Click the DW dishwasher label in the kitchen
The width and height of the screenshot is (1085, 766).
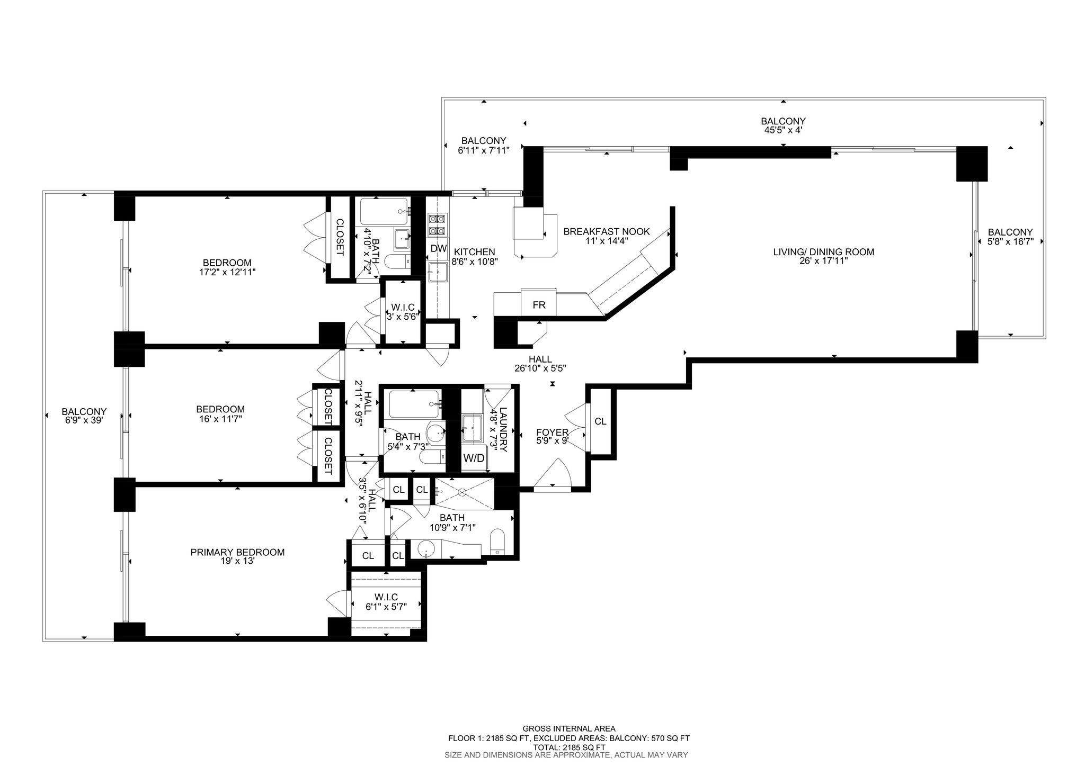point(438,248)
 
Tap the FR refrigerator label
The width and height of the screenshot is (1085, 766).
point(539,305)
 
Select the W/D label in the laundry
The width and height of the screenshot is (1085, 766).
point(474,458)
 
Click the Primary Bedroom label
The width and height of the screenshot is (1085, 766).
point(237,552)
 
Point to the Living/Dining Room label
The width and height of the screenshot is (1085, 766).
point(824,252)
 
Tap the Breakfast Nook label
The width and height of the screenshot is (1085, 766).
point(607,232)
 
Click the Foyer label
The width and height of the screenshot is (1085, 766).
point(552,432)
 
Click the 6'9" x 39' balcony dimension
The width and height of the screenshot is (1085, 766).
point(84,420)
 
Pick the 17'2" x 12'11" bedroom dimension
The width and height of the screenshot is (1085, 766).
point(227,272)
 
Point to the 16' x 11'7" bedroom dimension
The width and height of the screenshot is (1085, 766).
point(220,419)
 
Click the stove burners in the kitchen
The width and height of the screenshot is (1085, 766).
point(438,224)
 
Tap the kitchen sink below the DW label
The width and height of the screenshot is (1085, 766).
point(438,272)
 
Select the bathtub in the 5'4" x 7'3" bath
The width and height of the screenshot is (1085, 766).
point(415,404)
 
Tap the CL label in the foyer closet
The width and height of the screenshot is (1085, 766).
point(600,421)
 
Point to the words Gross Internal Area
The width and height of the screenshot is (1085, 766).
point(569,729)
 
